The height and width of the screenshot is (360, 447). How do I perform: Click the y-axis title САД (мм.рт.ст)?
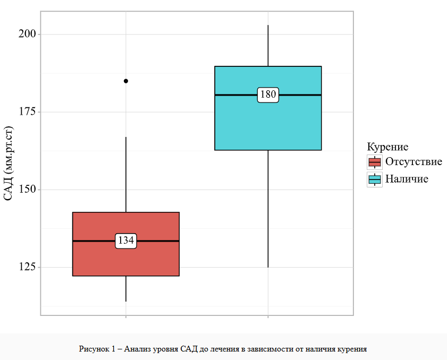coord(9,164)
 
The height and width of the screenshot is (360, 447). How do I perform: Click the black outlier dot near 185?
coord(126,81)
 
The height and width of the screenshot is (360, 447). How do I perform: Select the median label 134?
coord(126,241)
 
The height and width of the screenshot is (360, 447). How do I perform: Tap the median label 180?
coord(268,95)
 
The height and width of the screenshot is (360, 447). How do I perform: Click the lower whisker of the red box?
coord(126,289)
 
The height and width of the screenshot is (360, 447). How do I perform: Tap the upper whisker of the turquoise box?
coord(268,46)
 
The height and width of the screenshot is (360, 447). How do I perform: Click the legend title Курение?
coord(388,147)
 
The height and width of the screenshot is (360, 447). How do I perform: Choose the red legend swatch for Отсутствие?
coord(375,162)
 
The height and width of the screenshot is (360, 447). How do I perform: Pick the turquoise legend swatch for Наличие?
coord(375,179)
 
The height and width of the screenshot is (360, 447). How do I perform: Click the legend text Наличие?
coord(407,179)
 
